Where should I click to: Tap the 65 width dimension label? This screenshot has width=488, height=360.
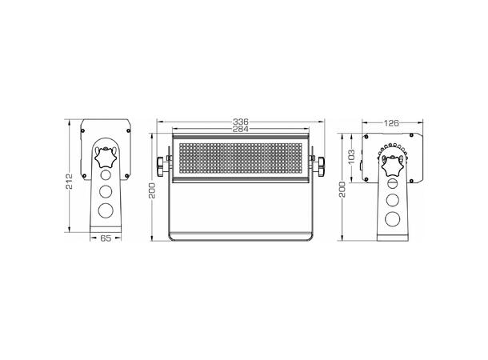coord(106,238)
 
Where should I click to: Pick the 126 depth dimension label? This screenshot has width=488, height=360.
coord(391,122)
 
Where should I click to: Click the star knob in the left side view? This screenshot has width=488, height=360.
coord(106,157)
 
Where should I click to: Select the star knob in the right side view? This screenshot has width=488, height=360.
coord(392,167)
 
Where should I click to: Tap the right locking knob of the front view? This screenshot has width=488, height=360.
coord(321,166)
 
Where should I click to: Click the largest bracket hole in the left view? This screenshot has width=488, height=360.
coord(106,211)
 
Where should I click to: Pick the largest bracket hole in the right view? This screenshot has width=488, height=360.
coord(392,219)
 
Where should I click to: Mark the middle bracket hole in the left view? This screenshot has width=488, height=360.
coord(106,191)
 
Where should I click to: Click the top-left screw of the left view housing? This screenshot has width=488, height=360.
coord(85,126)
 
